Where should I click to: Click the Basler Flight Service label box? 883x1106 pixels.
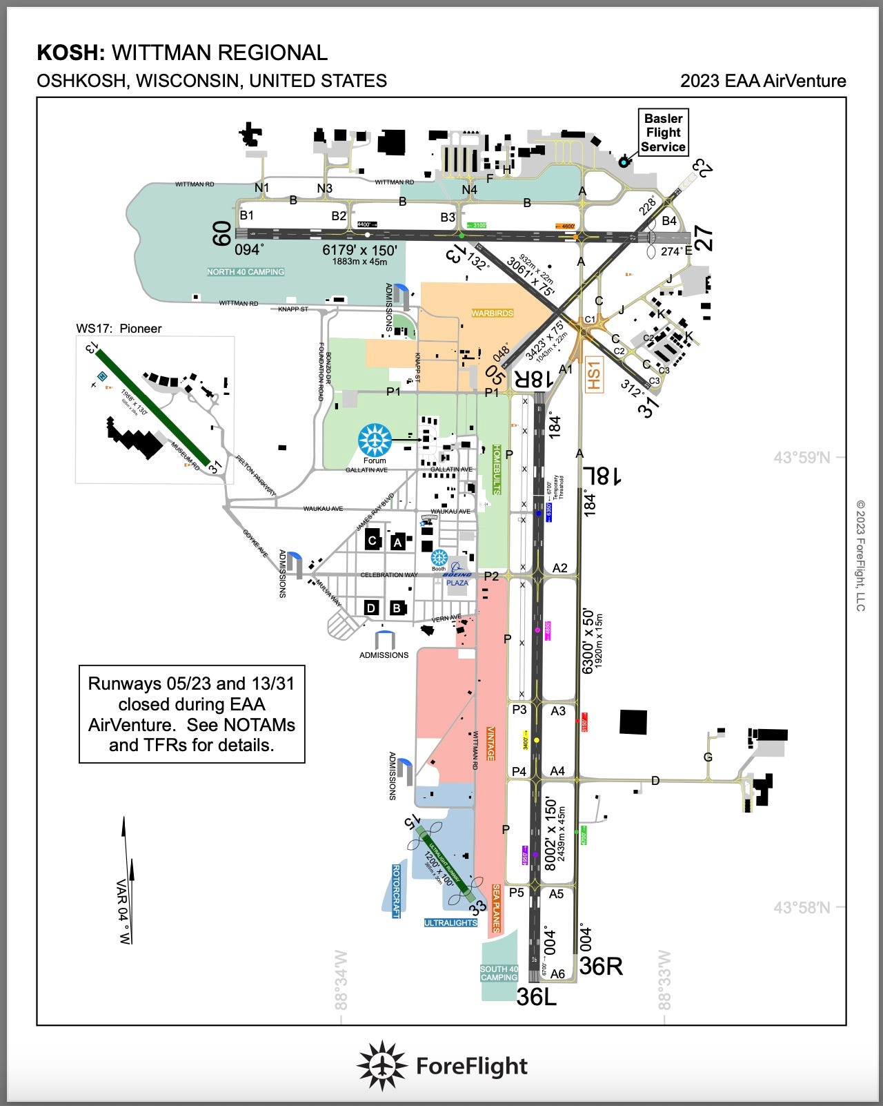pos(663,133)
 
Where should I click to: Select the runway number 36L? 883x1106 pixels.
pos(536,996)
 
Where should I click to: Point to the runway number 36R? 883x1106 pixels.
pos(600,966)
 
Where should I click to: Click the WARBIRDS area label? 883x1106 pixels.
pos(492,313)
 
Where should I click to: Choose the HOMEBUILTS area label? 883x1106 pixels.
pos(496,469)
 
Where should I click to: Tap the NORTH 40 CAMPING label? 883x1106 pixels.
pos(246,272)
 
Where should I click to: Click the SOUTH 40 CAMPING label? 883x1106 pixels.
pos(499,973)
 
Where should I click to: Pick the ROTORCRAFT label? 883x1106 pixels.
pos(396,891)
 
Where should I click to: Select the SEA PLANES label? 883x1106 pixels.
pos(495,907)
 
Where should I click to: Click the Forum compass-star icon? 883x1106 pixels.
pos(375,439)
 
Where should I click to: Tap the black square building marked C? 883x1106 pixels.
pos(373,540)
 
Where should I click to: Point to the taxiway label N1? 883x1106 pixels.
pos(262,188)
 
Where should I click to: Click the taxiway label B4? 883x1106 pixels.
pos(669,221)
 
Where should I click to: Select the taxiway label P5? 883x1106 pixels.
pos(517,892)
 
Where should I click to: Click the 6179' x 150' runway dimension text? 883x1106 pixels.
pos(359,250)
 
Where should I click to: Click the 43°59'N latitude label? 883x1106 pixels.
pos(802,457)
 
